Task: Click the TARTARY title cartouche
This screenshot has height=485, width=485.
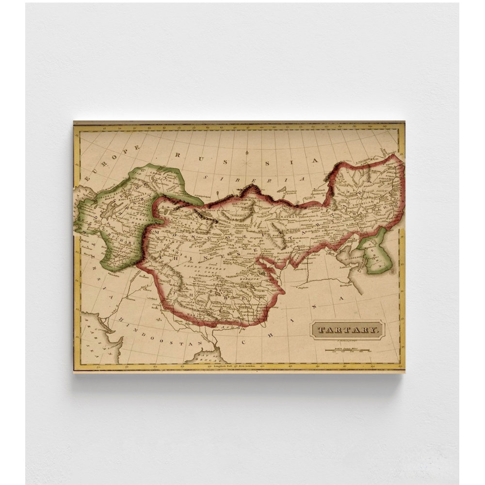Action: pyautogui.click(x=348, y=330)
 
